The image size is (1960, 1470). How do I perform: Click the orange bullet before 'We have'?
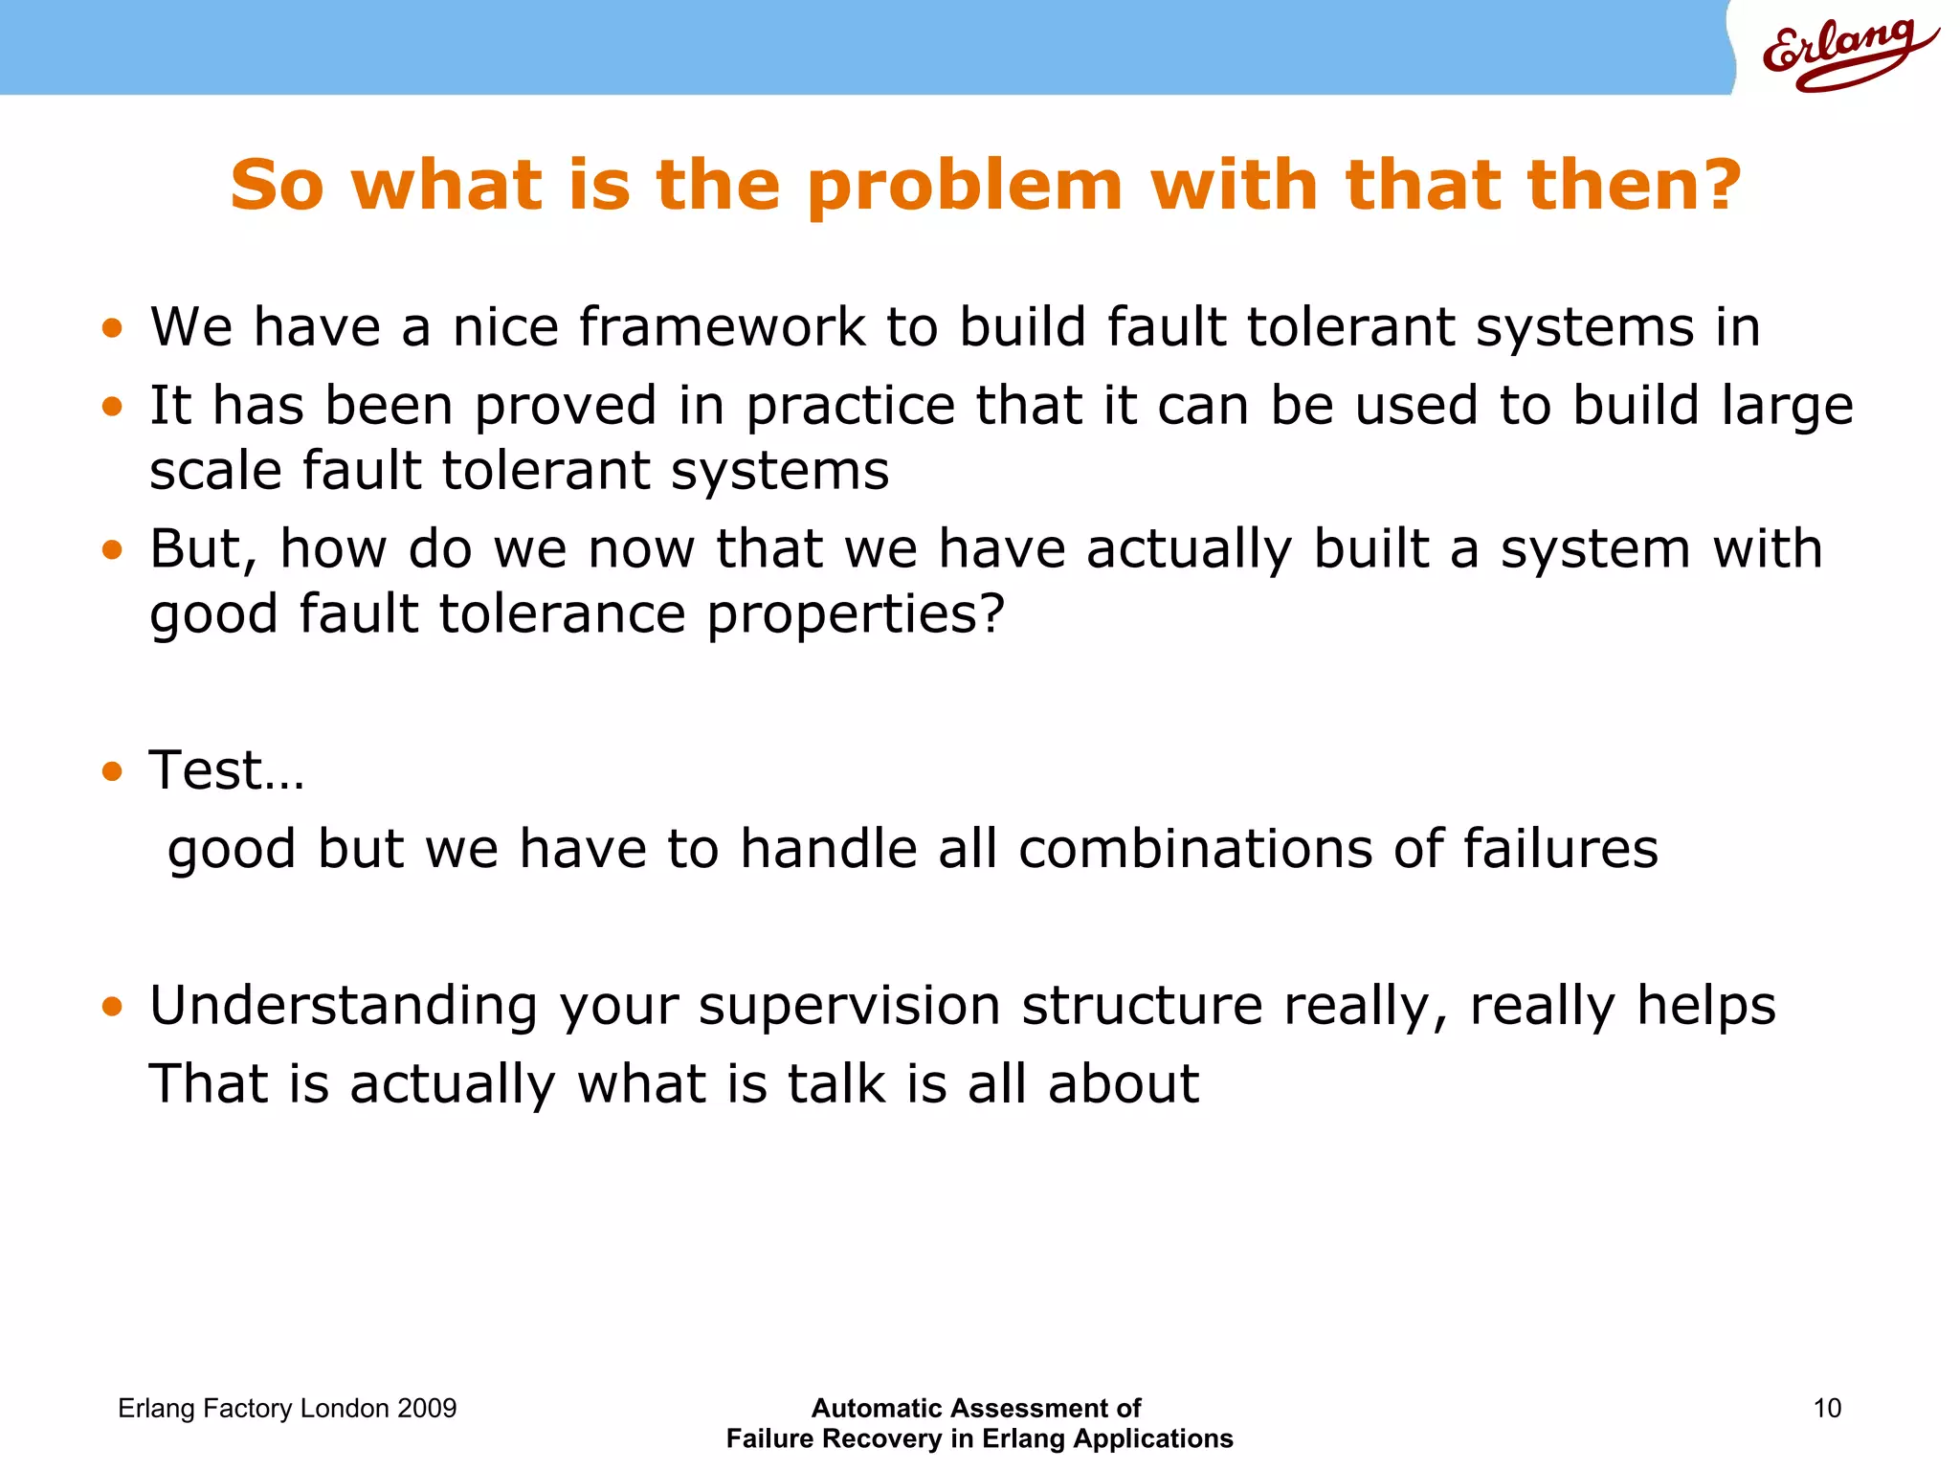point(113,328)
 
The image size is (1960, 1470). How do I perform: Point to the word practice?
point(850,406)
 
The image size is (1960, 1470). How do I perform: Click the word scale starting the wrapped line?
point(216,472)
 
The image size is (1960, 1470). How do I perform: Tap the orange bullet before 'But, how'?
point(113,549)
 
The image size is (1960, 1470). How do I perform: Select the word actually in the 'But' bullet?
point(1190,550)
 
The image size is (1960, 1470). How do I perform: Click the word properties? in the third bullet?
point(856,615)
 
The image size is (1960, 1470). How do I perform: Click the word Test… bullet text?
point(227,770)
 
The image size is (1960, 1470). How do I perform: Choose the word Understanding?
point(344,1007)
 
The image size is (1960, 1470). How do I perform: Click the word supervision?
point(850,1007)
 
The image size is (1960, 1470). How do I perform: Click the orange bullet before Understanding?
point(113,1007)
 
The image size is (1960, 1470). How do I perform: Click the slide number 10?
point(1827,1408)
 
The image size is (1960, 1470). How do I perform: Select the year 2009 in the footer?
point(427,1408)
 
